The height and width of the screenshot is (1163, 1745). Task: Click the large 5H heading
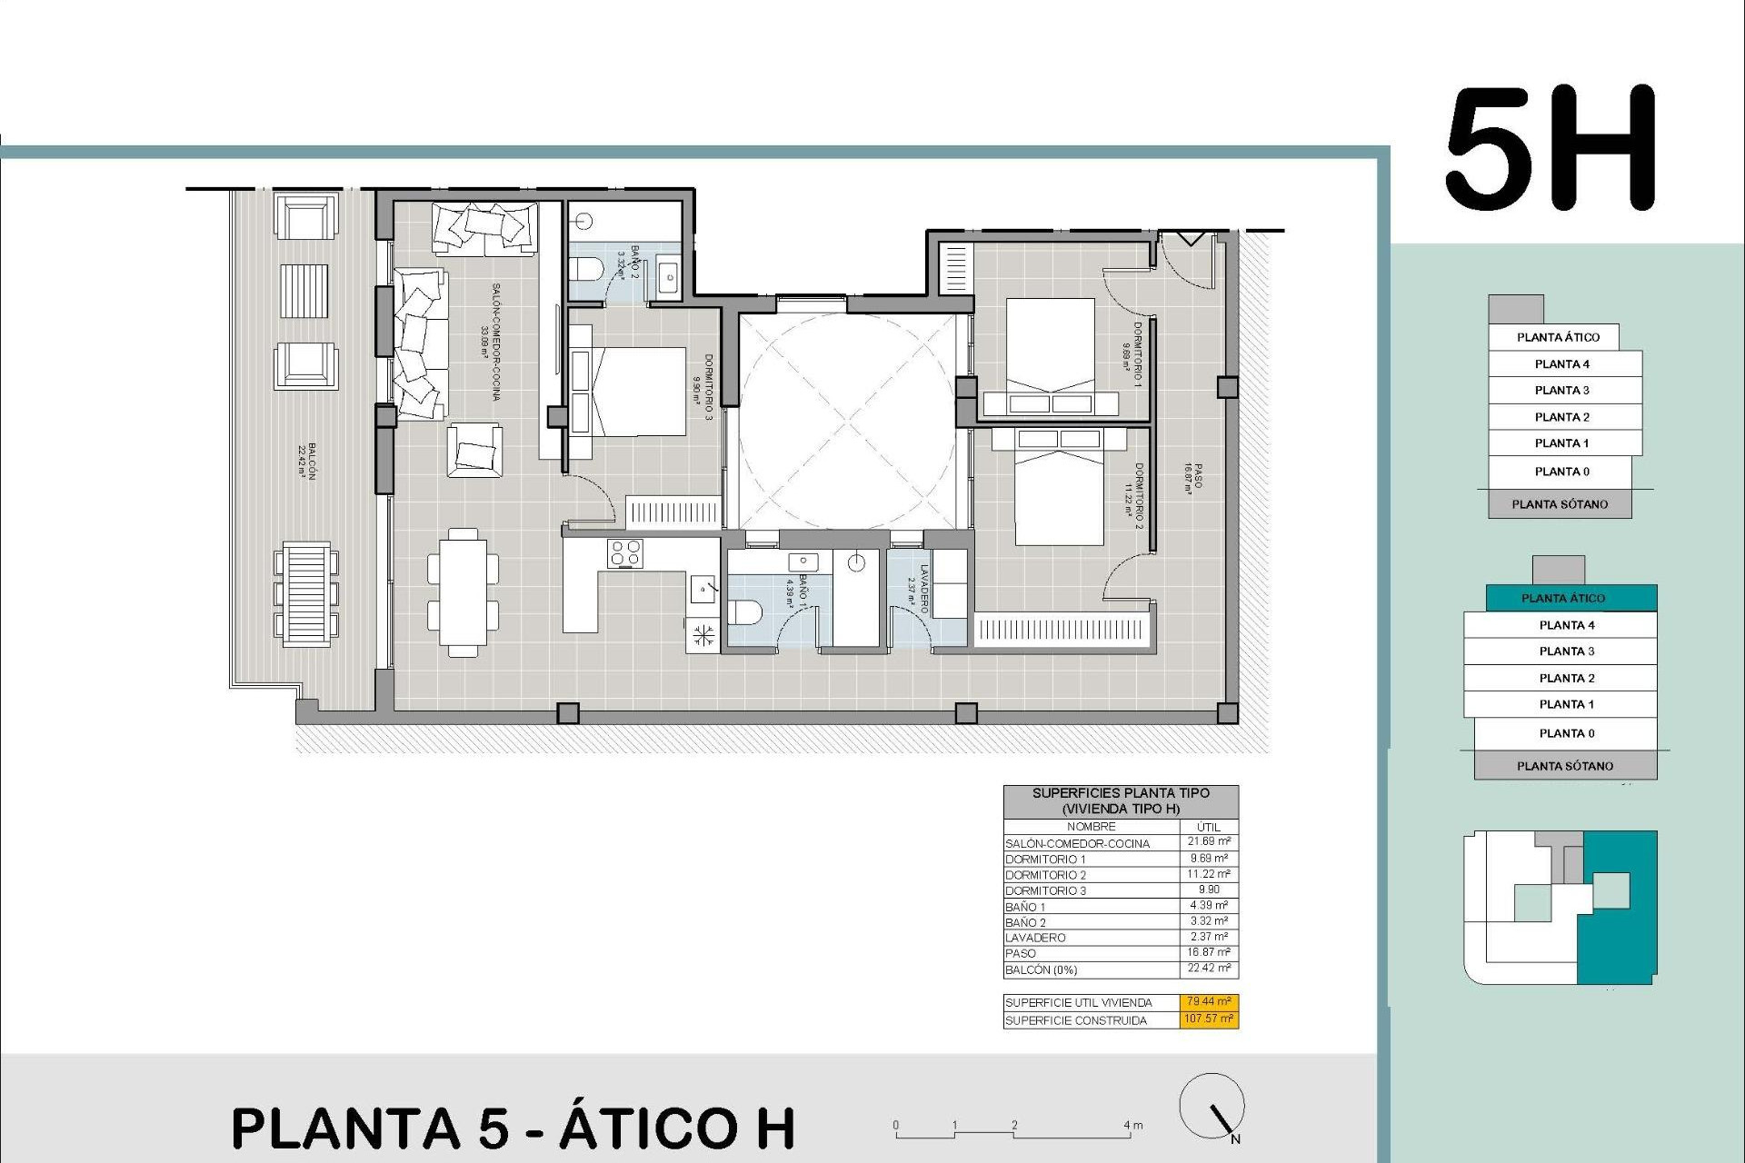(1551, 149)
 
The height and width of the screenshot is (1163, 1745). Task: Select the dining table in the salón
(464, 591)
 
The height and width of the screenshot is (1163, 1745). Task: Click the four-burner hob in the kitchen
(625, 553)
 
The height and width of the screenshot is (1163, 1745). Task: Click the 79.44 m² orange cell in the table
(1210, 1001)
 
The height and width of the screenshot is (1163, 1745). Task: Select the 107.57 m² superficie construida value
(1210, 1019)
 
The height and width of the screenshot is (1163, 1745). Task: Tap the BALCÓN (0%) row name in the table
(1041, 970)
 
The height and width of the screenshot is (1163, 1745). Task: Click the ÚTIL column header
(1209, 827)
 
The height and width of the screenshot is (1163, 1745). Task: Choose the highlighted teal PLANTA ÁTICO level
(1562, 598)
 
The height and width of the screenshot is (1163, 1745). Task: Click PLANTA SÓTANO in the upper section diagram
(1560, 504)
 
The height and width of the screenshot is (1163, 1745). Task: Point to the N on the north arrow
(1234, 1139)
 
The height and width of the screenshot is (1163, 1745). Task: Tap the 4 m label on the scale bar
(1133, 1125)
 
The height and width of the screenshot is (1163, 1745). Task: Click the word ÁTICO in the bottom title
(677, 1128)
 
